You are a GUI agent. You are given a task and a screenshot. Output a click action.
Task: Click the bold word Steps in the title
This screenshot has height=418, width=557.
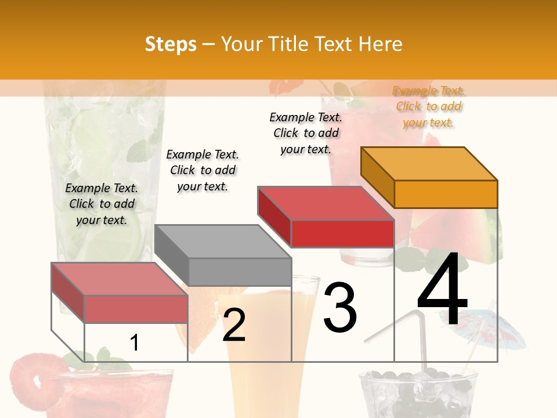coord(171,45)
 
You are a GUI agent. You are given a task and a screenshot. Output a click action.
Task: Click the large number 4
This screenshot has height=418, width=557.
coord(442,290)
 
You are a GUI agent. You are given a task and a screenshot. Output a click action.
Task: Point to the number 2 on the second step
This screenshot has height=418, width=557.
coord(234,325)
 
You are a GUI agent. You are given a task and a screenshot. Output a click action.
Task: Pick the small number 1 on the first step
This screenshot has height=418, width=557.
coord(135,343)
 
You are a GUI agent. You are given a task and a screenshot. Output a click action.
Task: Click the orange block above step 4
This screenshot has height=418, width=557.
coord(429,177)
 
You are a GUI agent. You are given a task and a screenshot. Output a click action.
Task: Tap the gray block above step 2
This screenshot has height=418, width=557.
coord(223,255)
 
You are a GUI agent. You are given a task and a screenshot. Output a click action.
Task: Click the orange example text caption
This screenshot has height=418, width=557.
coord(429,107)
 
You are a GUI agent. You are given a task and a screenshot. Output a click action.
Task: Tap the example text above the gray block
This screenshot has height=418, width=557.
coord(202,170)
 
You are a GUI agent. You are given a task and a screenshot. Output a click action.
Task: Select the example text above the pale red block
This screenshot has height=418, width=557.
coord(102,204)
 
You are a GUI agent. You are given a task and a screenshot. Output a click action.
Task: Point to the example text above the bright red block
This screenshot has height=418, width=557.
coord(306,133)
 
